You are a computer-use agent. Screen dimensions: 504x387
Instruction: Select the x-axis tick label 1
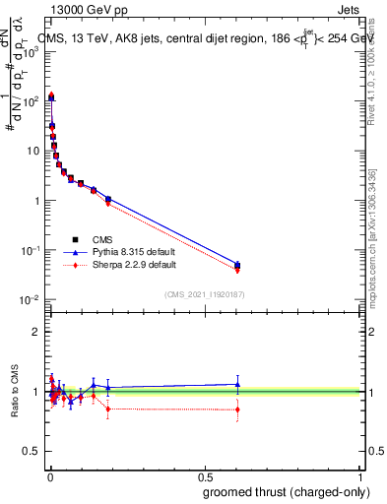tap(360, 476)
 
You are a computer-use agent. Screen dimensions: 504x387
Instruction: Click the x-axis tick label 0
tap(49, 476)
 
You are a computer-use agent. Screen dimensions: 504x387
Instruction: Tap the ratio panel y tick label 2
tap(37, 332)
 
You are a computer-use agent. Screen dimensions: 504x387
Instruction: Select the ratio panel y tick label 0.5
tap(32, 452)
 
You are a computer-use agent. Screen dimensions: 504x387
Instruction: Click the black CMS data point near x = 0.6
tap(237, 265)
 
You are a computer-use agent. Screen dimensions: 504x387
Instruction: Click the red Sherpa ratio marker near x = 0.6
tap(237, 409)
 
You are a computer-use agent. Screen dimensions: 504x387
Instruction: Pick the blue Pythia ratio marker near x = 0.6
tap(237, 384)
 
